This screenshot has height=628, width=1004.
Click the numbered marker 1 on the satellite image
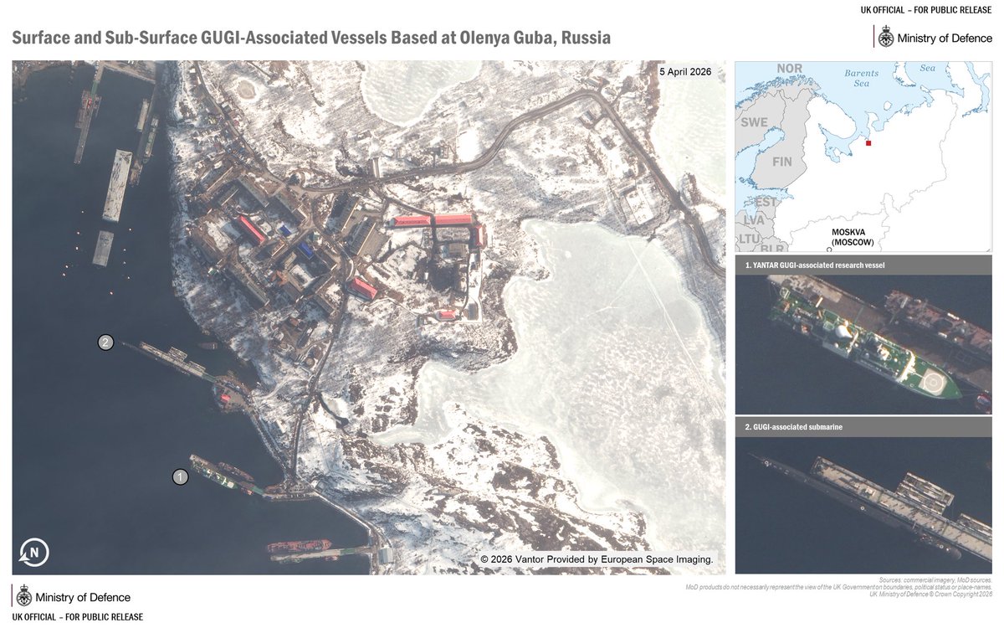(x=180, y=477)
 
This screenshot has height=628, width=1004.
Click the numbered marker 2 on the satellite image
(x=105, y=342)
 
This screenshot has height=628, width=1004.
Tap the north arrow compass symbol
(x=34, y=553)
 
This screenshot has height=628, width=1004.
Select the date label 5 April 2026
(x=685, y=72)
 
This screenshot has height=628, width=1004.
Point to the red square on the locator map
(x=868, y=143)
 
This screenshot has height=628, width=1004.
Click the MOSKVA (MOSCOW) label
(x=853, y=237)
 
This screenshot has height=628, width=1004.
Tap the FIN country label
(x=782, y=161)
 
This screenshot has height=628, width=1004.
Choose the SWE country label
(x=754, y=122)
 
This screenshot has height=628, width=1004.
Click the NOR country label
(x=789, y=69)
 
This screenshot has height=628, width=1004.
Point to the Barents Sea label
(x=862, y=78)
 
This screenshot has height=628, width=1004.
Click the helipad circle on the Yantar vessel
(x=935, y=383)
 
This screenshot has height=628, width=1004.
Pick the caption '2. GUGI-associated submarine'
(x=794, y=427)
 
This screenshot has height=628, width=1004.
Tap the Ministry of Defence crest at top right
(x=884, y=37)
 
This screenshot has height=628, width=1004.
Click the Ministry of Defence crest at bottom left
(x=23, y=597)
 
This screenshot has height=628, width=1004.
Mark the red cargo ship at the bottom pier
(x=299, y=547)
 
